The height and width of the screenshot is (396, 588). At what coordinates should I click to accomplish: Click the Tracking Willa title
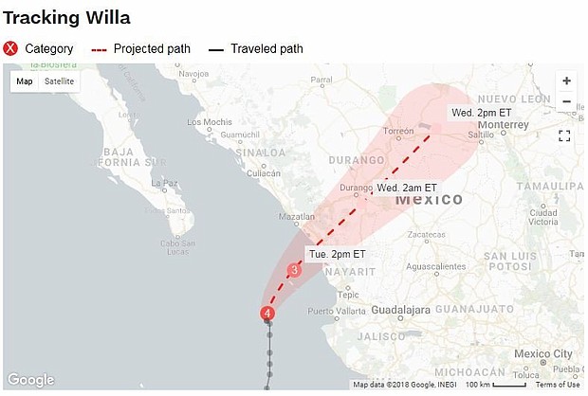coord(66,18)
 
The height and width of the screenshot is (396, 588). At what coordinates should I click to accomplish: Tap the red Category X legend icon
coord(10,48)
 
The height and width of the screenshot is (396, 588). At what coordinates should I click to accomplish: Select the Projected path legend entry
coord(139,48)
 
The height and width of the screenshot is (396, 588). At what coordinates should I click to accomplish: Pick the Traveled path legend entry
coord(254,48)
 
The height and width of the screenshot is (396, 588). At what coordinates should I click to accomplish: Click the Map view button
coord(25,81)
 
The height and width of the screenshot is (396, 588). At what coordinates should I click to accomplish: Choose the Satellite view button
coord(59,81)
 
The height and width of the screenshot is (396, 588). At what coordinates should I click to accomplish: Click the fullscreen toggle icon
coord(564,135)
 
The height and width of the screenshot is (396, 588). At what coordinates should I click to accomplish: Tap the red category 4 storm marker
coord(268,314)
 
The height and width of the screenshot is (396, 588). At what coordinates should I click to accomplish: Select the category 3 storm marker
coord(294,271)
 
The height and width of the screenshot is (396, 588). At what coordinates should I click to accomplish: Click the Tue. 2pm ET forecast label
coord(337,254)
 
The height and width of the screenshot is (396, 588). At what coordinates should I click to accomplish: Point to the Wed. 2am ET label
coord(407,189)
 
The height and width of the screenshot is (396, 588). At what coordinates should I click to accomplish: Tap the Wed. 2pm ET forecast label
coord(480,113)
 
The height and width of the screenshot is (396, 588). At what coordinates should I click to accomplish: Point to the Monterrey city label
coord(503,124)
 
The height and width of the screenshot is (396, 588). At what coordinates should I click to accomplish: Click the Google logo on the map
coord(30,380)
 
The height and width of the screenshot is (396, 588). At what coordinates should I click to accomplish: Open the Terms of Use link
coord(557,385)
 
